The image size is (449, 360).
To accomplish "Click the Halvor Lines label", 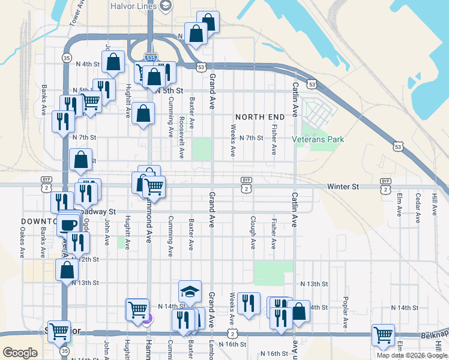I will pos(133,6).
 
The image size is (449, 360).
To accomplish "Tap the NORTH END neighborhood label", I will pos(258,116).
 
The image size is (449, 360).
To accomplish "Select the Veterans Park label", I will pos(318,139).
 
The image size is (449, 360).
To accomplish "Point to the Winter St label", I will pos(343,187).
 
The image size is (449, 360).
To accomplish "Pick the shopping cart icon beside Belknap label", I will pos(382,335).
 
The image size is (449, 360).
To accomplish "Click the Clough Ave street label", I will pos(253,233).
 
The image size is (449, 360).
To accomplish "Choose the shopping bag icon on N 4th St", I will pos(113,61).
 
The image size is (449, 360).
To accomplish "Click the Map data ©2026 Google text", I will pos(412,355).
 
